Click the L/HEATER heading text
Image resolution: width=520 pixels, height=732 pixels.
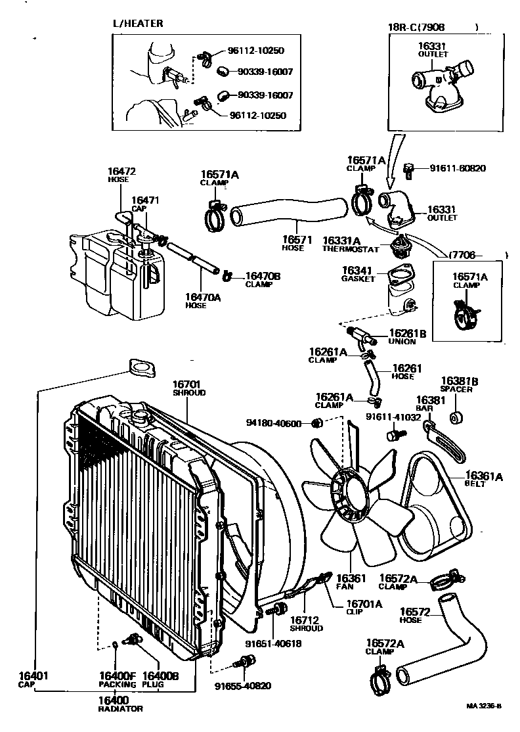[x=138, y=24]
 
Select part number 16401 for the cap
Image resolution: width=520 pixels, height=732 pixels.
[x=33, y=675]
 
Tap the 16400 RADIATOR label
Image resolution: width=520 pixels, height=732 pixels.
[x=120, y=704]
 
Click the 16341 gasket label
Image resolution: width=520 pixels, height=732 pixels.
[x=358, y=274]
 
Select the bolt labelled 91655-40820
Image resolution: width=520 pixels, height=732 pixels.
[x=246, y=662]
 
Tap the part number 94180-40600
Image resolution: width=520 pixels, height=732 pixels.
[x=273, y=423]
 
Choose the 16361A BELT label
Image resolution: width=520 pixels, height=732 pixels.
[x=483, y=480]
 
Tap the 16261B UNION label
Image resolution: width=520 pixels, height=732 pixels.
[x=406, y=336]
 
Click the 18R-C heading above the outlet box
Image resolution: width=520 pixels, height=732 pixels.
[x=416, y=27]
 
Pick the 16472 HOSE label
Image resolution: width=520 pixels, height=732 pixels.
[x=121, y=175]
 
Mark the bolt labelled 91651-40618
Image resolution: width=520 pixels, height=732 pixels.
[x=278, y=609]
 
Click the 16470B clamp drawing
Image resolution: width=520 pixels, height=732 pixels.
[x=228, y=275]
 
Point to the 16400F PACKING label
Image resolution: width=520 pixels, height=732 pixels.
[x=117, y=679]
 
